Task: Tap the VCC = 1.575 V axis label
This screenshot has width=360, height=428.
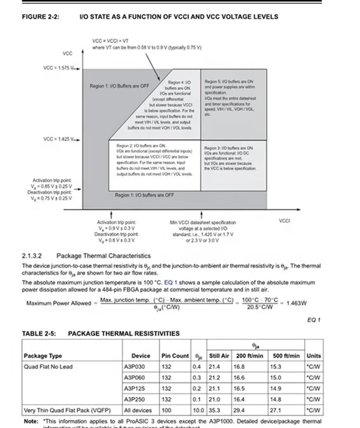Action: pyautogui.click(x=59, y=68)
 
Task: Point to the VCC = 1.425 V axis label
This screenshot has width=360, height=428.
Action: pyautogui.click(x=59, y=138)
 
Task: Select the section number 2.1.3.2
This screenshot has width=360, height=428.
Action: pyautogui.click(x=34, y=255)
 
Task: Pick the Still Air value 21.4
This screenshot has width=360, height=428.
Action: pyautogui.click(x=215, y=366)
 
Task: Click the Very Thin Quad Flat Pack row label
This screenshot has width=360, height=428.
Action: pyautogui.click(x=62, y=410)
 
